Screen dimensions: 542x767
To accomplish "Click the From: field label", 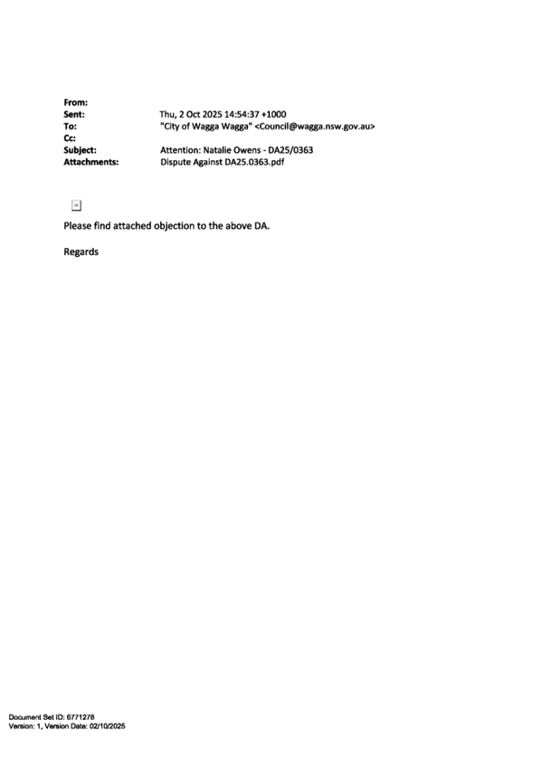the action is [76, 102].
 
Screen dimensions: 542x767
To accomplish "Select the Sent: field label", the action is [74, 115].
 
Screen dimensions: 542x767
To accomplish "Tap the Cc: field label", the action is [70, 138].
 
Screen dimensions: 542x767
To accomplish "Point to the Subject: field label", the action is [80, 150].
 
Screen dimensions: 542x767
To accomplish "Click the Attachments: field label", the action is [91, 162].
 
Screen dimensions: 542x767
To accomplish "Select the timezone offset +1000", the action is [274, 115].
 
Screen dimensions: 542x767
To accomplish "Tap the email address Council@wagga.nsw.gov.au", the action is [315, 127].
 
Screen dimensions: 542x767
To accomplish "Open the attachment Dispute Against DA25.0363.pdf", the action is [222, 162].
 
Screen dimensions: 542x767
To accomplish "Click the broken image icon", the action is [76, 205].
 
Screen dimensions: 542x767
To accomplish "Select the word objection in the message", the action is [173, 226].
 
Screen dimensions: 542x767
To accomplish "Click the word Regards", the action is [81, 252].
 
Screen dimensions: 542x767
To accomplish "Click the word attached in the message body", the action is [132, 226].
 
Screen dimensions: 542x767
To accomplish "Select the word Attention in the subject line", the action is [180, 150].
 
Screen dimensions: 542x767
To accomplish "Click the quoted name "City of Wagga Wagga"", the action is [206, 127].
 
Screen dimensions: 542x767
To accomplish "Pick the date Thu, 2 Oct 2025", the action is [191, 115].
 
